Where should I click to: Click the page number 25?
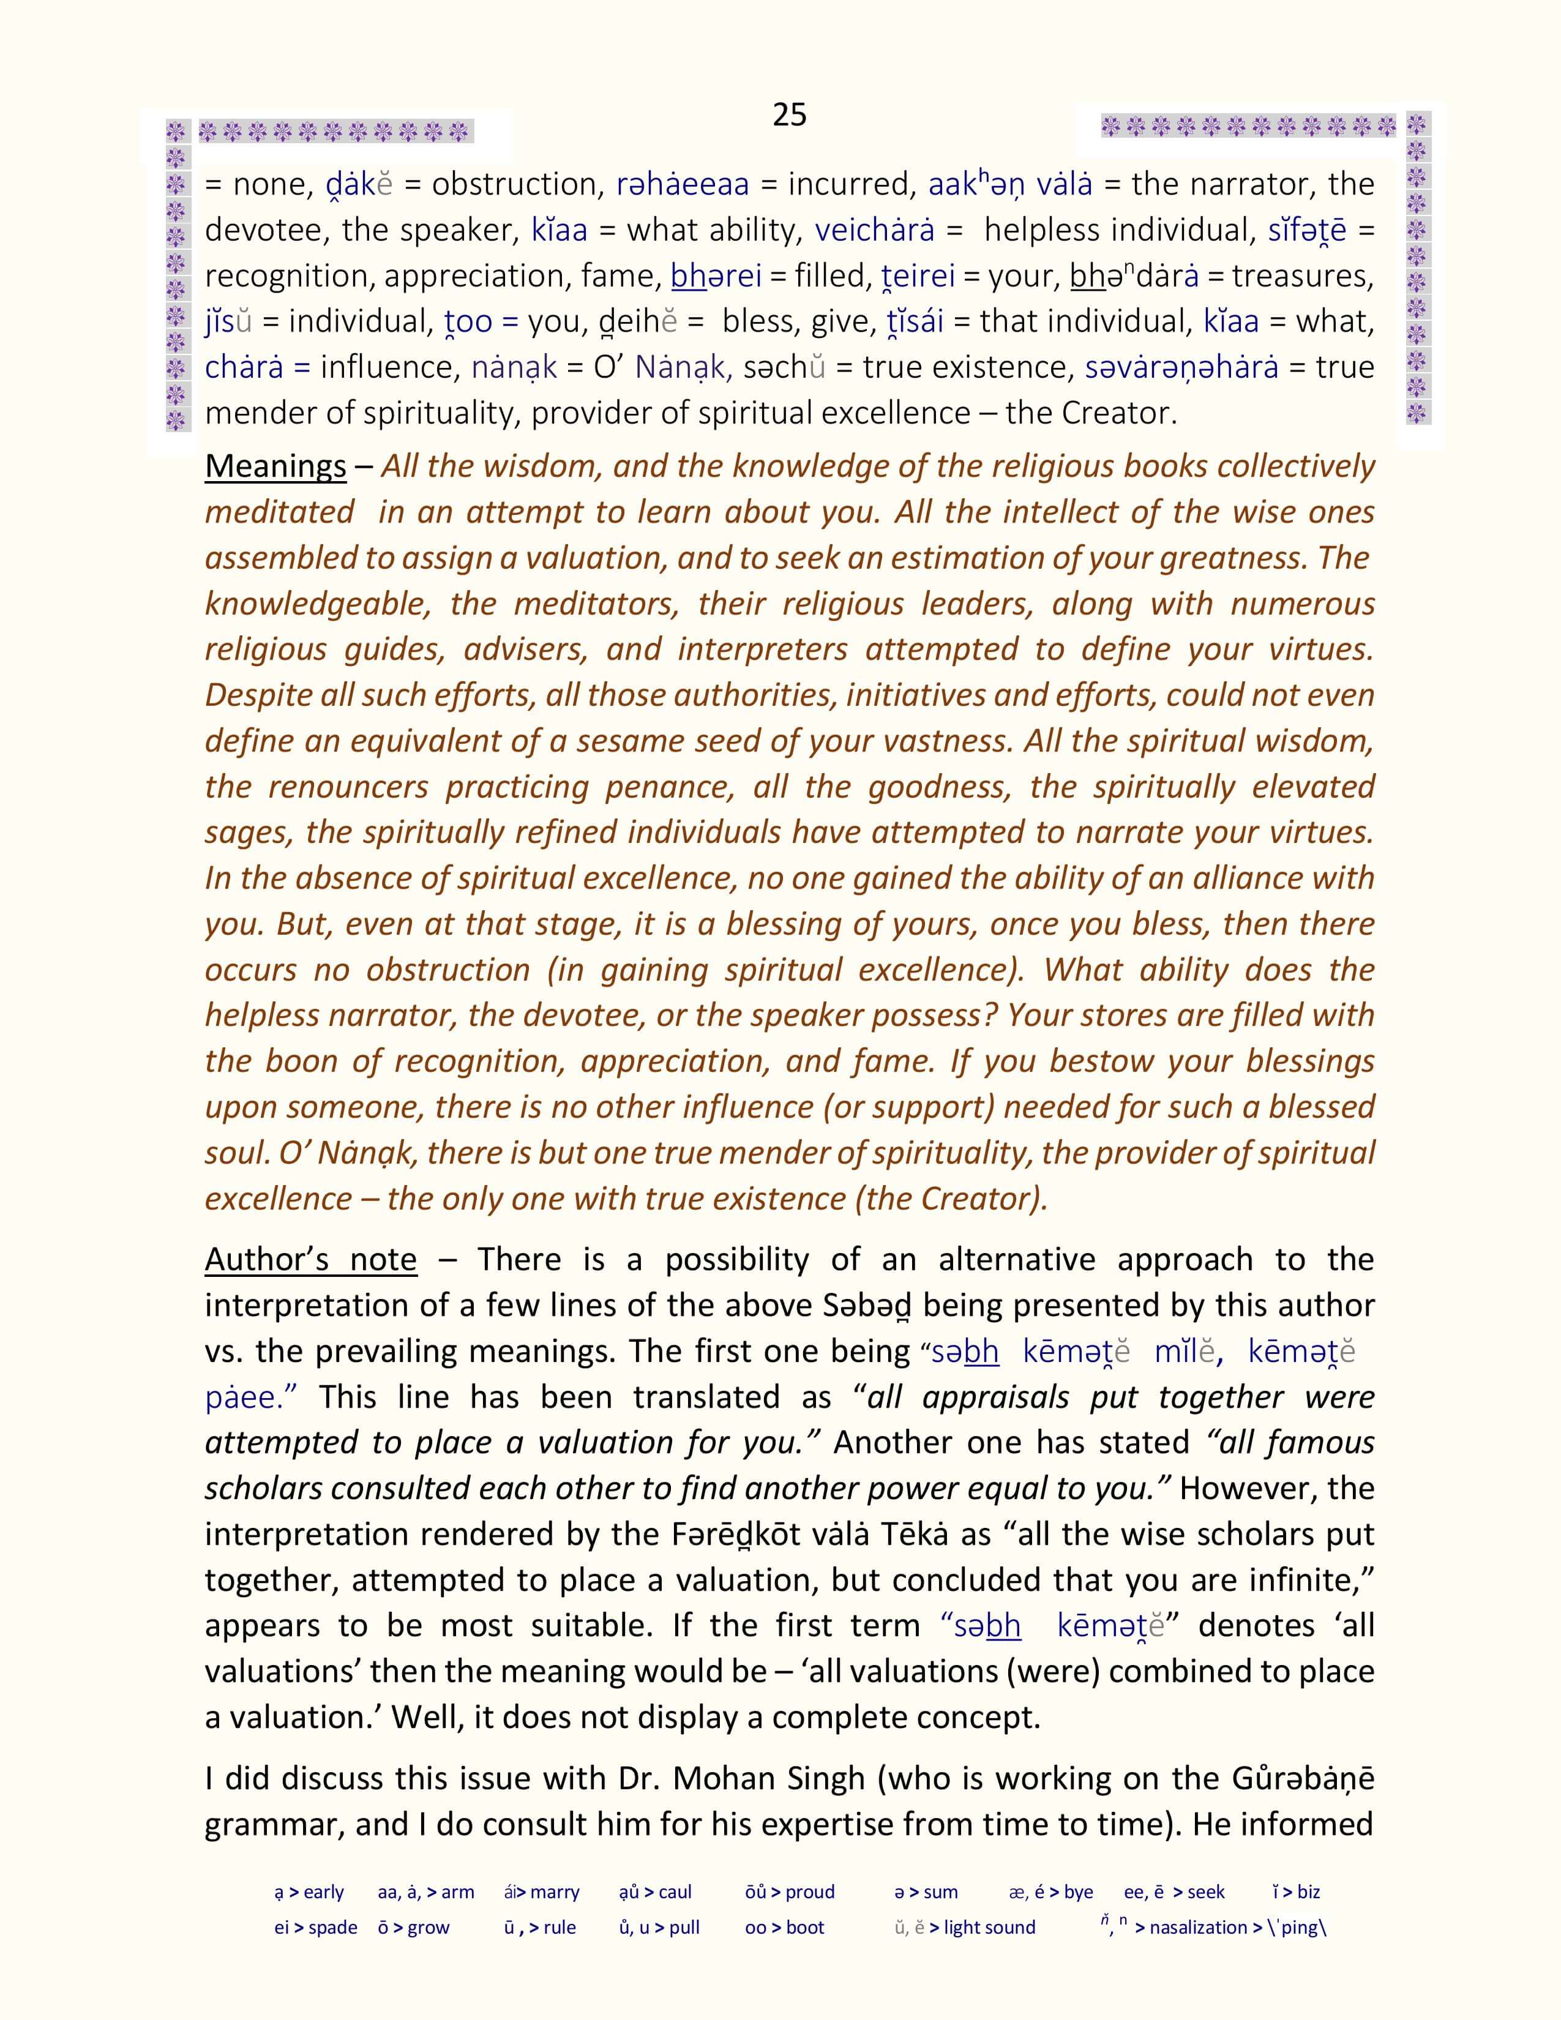tap(789, 114)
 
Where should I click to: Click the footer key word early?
tap(323, 1891)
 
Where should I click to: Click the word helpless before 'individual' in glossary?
tap(1043, 230)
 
